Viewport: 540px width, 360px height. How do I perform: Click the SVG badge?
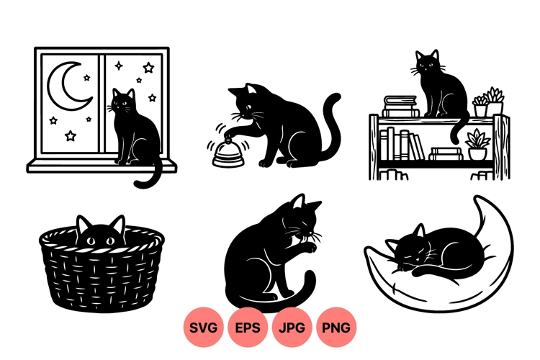[204, 328]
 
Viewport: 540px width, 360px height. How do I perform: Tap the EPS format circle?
[248, 328]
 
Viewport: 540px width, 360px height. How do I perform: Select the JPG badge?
[292, 328]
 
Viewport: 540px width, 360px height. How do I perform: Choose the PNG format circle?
[336, 328]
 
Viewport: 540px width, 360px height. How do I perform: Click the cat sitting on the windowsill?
[135, 133]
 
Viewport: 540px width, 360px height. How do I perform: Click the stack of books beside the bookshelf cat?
[401, 107]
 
